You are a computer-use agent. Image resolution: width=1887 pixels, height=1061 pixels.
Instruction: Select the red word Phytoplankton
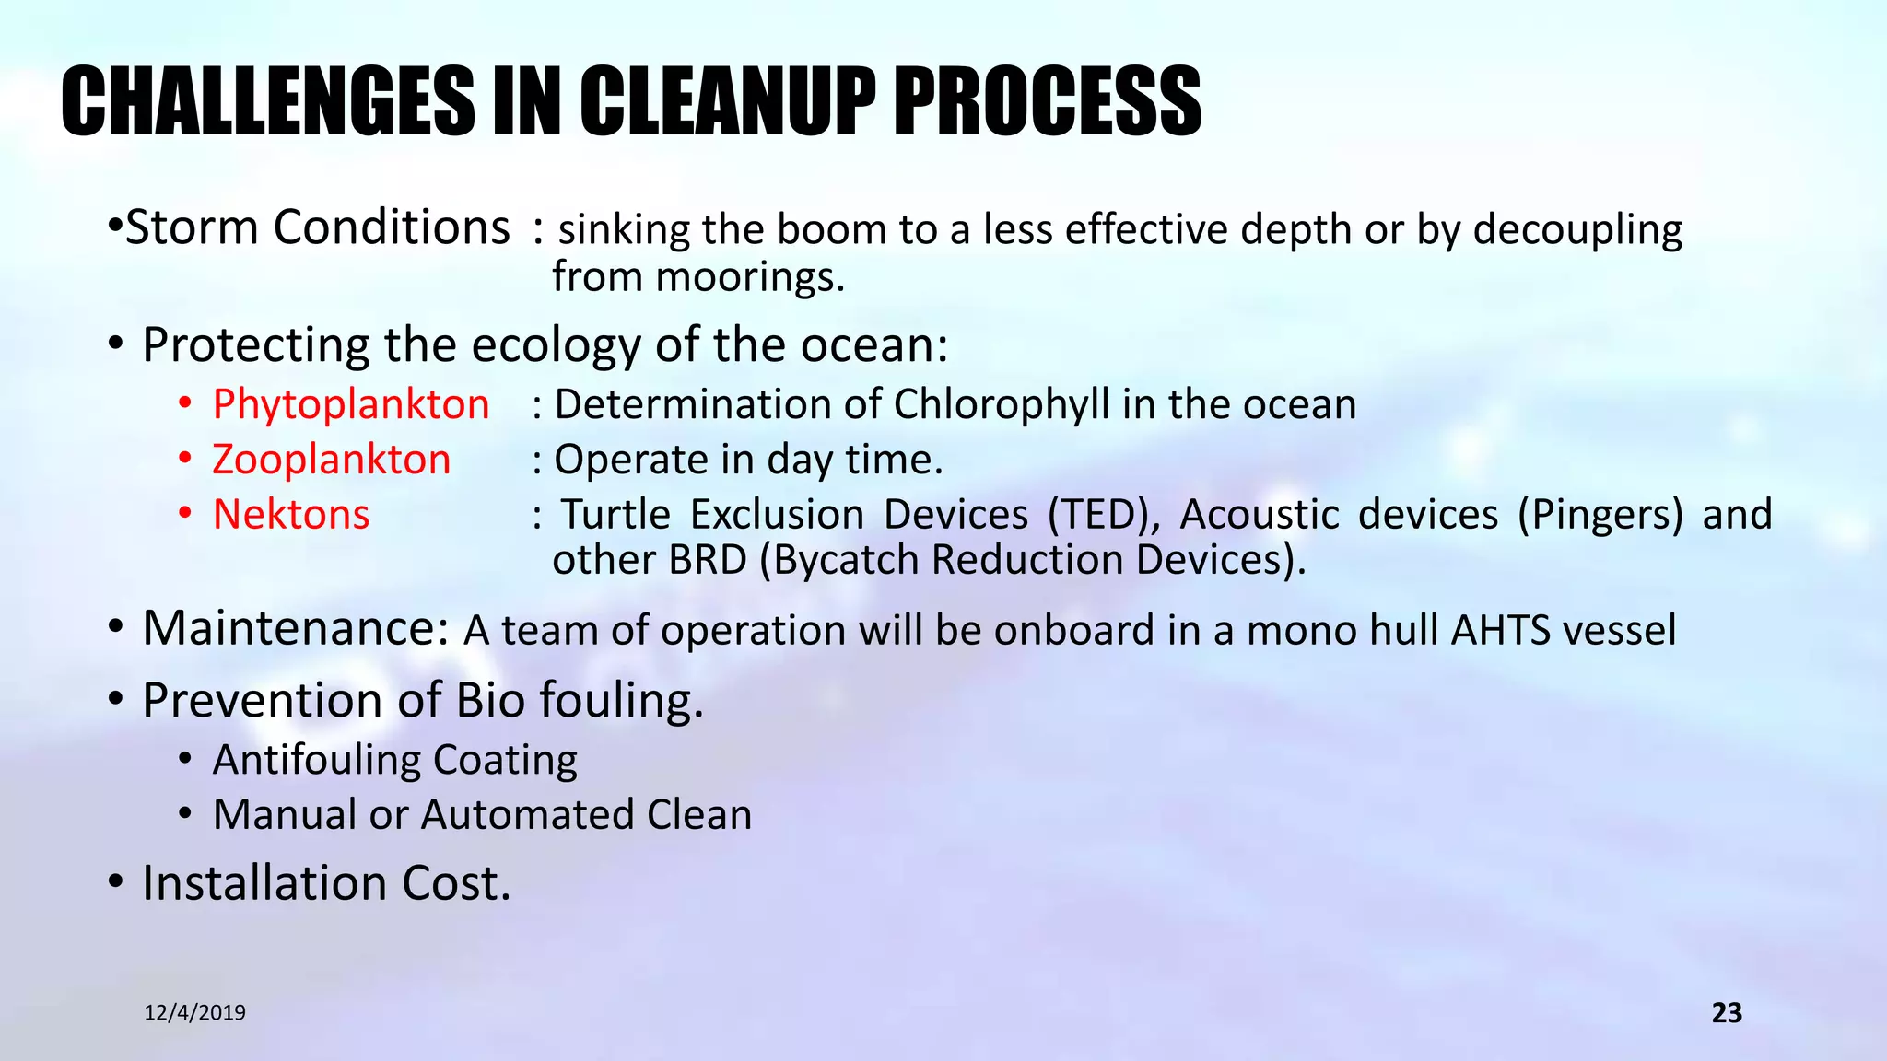[x=350, y=405]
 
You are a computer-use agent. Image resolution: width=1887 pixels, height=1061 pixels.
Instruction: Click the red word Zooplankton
[x=331, y=460]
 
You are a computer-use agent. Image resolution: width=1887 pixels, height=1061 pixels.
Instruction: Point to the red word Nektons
[x=290, y=514]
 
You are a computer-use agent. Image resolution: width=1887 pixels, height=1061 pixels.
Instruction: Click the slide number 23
[x=1726, y=1013]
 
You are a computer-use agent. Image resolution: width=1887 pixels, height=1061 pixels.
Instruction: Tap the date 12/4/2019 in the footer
[x=195, y=1013]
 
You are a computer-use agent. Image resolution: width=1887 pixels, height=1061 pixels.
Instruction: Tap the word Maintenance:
[x=295, y=629]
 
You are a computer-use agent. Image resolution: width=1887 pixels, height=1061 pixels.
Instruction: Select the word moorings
[x=750, y=276]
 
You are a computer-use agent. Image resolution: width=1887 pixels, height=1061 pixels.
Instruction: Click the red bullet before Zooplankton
[x=185, y=458]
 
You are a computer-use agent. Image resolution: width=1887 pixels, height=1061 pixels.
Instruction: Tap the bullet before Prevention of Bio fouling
[x=115, y=700]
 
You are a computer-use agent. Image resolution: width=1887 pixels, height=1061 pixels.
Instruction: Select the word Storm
[x=191, y=227]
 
